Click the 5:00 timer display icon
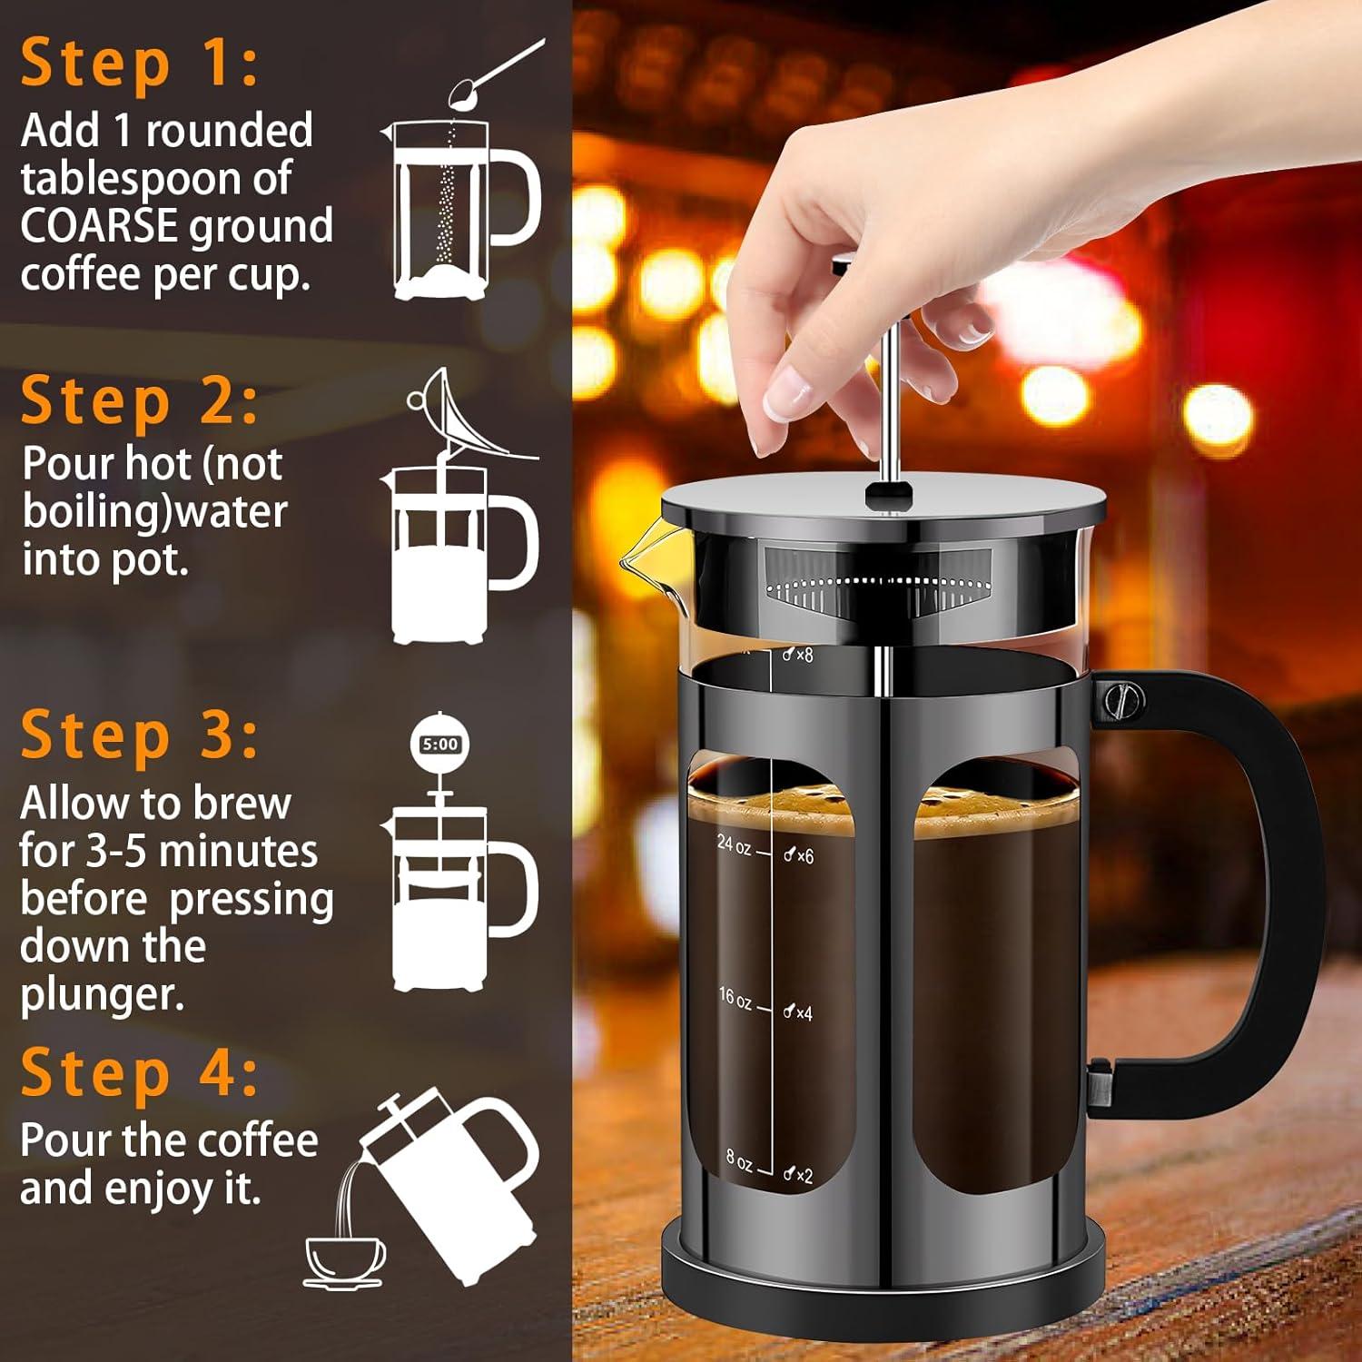click(440, 745)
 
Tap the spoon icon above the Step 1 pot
click(495, 73)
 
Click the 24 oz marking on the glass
click(734, 844)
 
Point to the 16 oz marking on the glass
click(735, 998)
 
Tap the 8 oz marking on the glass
click(738, 1160)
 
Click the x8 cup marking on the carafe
click(798, 655)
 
